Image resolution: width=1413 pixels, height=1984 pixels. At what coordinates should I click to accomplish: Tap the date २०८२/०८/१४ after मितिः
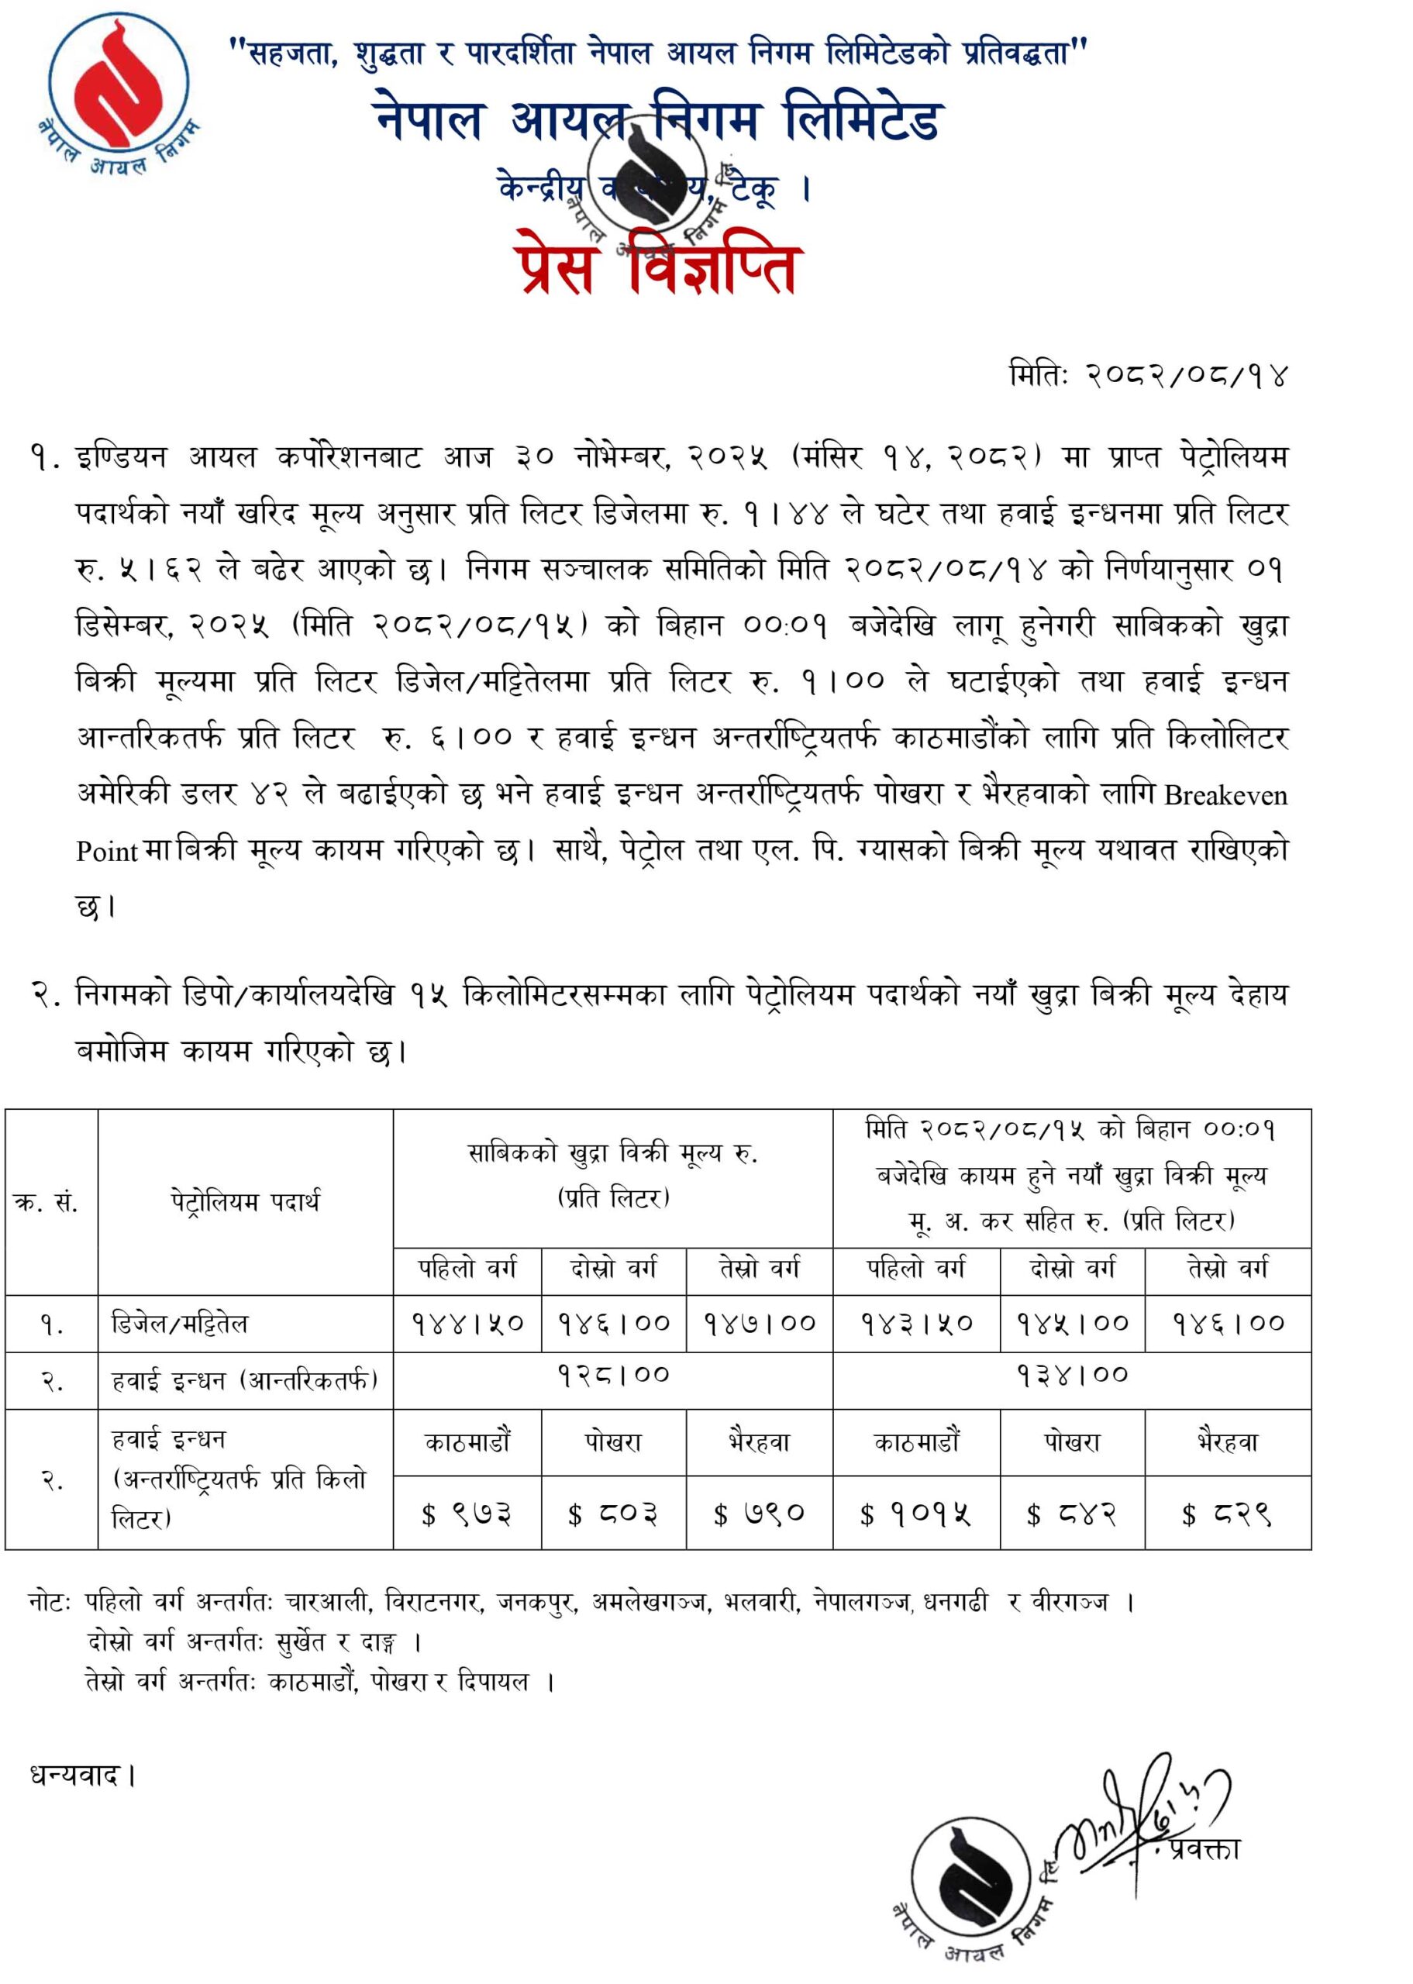pyautogui.click(x=1187, y=377)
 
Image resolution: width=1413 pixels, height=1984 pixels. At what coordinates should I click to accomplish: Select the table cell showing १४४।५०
pyautogui.click(x=467, y=1324)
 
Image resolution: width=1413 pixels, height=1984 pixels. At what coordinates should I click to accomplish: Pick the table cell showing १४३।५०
pyautogui.click(x=916, y=1324)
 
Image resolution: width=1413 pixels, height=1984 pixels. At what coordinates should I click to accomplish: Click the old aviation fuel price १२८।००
pyautogui.click(x=612, y=1375)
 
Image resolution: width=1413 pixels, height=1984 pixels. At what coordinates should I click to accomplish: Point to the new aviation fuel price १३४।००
pyautogui.click(x=1072, y=1375)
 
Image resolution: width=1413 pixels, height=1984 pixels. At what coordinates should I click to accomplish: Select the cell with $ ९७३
pyautogui.click(x=467, y=1514)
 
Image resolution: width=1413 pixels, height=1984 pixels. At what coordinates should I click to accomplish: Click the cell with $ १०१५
pyautogui.click(x=916, y=1514)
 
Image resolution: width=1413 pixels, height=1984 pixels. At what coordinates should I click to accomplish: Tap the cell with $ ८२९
pyautogui.click(x=1227, y=1514)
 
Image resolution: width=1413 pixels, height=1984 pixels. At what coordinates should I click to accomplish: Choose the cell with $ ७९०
pyautogui.click(x=759, y=1514)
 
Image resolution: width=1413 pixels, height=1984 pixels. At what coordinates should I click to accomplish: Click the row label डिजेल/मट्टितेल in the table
pyautogui.click(x=180, y=1324)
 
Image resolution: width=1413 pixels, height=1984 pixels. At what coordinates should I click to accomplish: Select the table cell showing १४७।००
pyautogui.click(x=759, y=1324)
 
